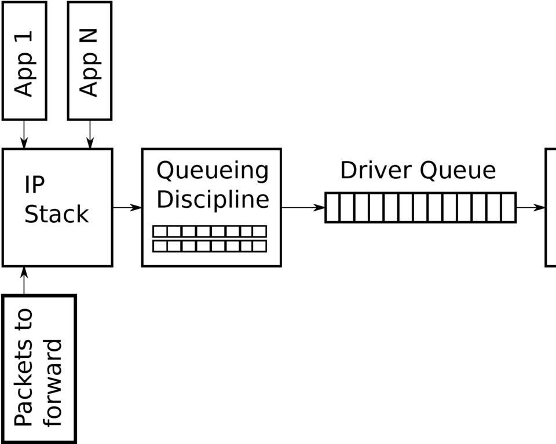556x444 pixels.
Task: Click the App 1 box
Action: (24, 60)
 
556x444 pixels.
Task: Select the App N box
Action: (90, 60)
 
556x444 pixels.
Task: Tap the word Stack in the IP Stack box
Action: (56, 214)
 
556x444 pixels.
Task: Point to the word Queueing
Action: (213, 171)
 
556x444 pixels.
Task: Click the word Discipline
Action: (213, 199)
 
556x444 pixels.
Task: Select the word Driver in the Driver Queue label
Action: (376, 170)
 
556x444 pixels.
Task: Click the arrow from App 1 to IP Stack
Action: (24, 134)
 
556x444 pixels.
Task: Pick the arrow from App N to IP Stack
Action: (90, 134)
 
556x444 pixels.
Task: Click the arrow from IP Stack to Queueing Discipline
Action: (127, 207)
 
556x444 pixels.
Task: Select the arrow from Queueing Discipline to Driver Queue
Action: (303, 207)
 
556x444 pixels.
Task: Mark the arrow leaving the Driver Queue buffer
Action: (530, 207)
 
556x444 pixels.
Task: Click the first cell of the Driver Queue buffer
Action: (332, 207)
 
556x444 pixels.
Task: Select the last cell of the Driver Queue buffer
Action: (508, 207)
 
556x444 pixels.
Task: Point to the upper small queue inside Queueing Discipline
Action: (210, 232)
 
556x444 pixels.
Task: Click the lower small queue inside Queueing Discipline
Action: (210, 246)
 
